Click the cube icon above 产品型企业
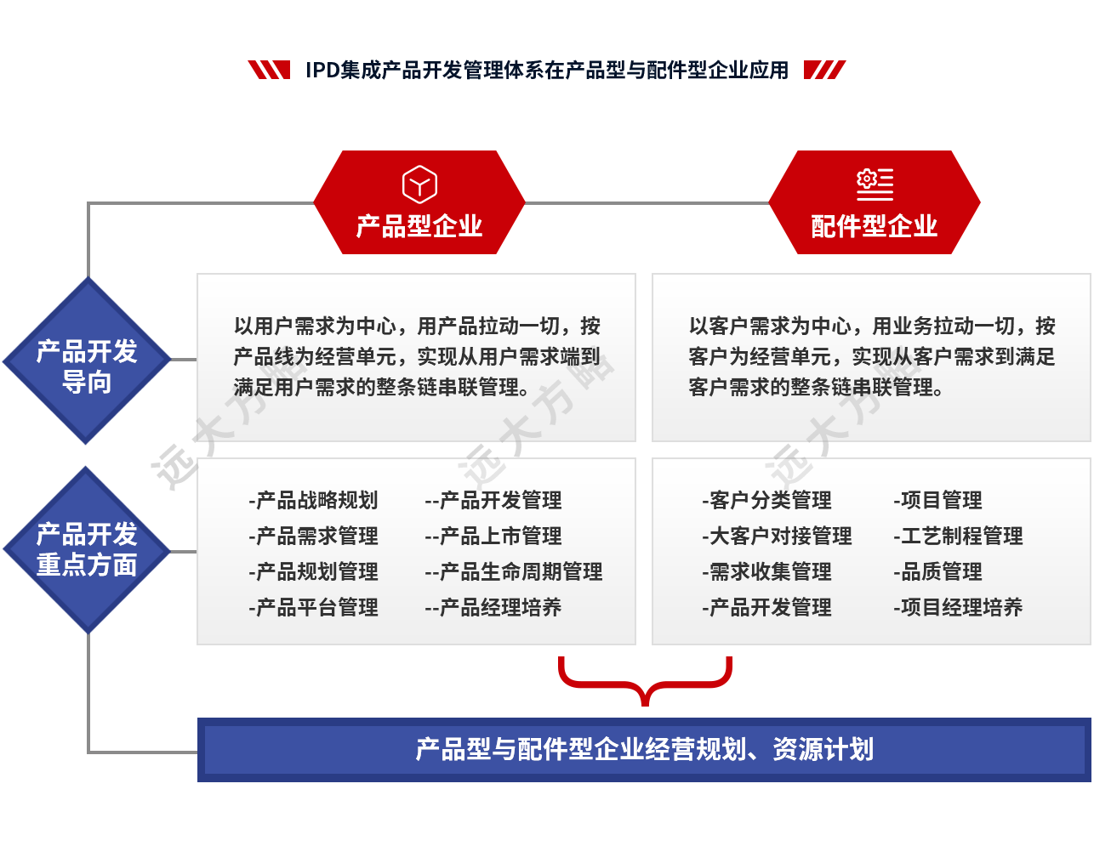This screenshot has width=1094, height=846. click(x=419, y=185)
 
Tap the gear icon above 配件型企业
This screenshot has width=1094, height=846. click(x=874, y=183)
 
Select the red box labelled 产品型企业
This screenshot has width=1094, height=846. click(x=419, y=202)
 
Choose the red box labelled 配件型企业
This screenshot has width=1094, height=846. click(x=874, y=202)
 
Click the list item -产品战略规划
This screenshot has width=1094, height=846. click(x=313, y=501)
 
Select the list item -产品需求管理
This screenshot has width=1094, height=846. click(x=313, y=537)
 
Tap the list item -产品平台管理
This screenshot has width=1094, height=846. click(x=313, y=608)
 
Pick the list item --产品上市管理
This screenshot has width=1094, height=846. click(x=493, y=537)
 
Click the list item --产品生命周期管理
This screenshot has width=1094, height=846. click(x=514, y=572)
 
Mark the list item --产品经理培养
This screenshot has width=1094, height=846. click(x=493, y=608)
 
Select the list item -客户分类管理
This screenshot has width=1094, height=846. click(x=766, y=501)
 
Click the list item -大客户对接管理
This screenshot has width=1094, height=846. click(x=777, y=537)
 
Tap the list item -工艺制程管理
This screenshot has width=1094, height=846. click(x=958, y=537)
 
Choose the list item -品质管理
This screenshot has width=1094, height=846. click(x=937, y=572)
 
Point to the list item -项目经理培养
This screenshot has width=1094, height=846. click(x=958, y=608)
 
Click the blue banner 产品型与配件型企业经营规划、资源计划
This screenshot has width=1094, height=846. click(x=644, y=750)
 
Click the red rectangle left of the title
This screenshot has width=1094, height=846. click(x=268, y=70)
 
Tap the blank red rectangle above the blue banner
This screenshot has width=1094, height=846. click(x=645, y=681)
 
